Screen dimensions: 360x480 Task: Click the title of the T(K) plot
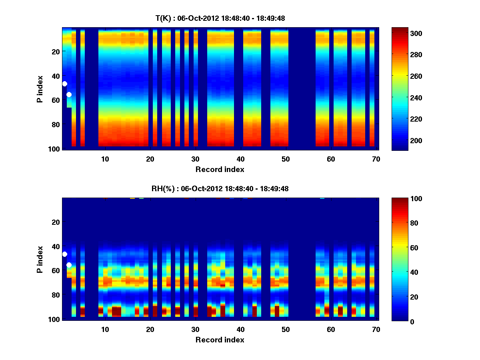220,18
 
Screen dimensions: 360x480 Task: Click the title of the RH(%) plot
220,188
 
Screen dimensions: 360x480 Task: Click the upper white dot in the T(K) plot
64,84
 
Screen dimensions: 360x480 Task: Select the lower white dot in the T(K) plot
69,94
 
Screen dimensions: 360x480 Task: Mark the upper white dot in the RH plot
64,254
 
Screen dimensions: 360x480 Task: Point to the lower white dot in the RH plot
69,265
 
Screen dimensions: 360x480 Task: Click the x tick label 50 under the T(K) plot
285,159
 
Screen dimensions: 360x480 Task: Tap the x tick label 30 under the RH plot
195,330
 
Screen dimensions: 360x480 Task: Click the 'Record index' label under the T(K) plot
220,169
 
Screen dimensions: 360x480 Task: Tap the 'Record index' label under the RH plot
220,340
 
